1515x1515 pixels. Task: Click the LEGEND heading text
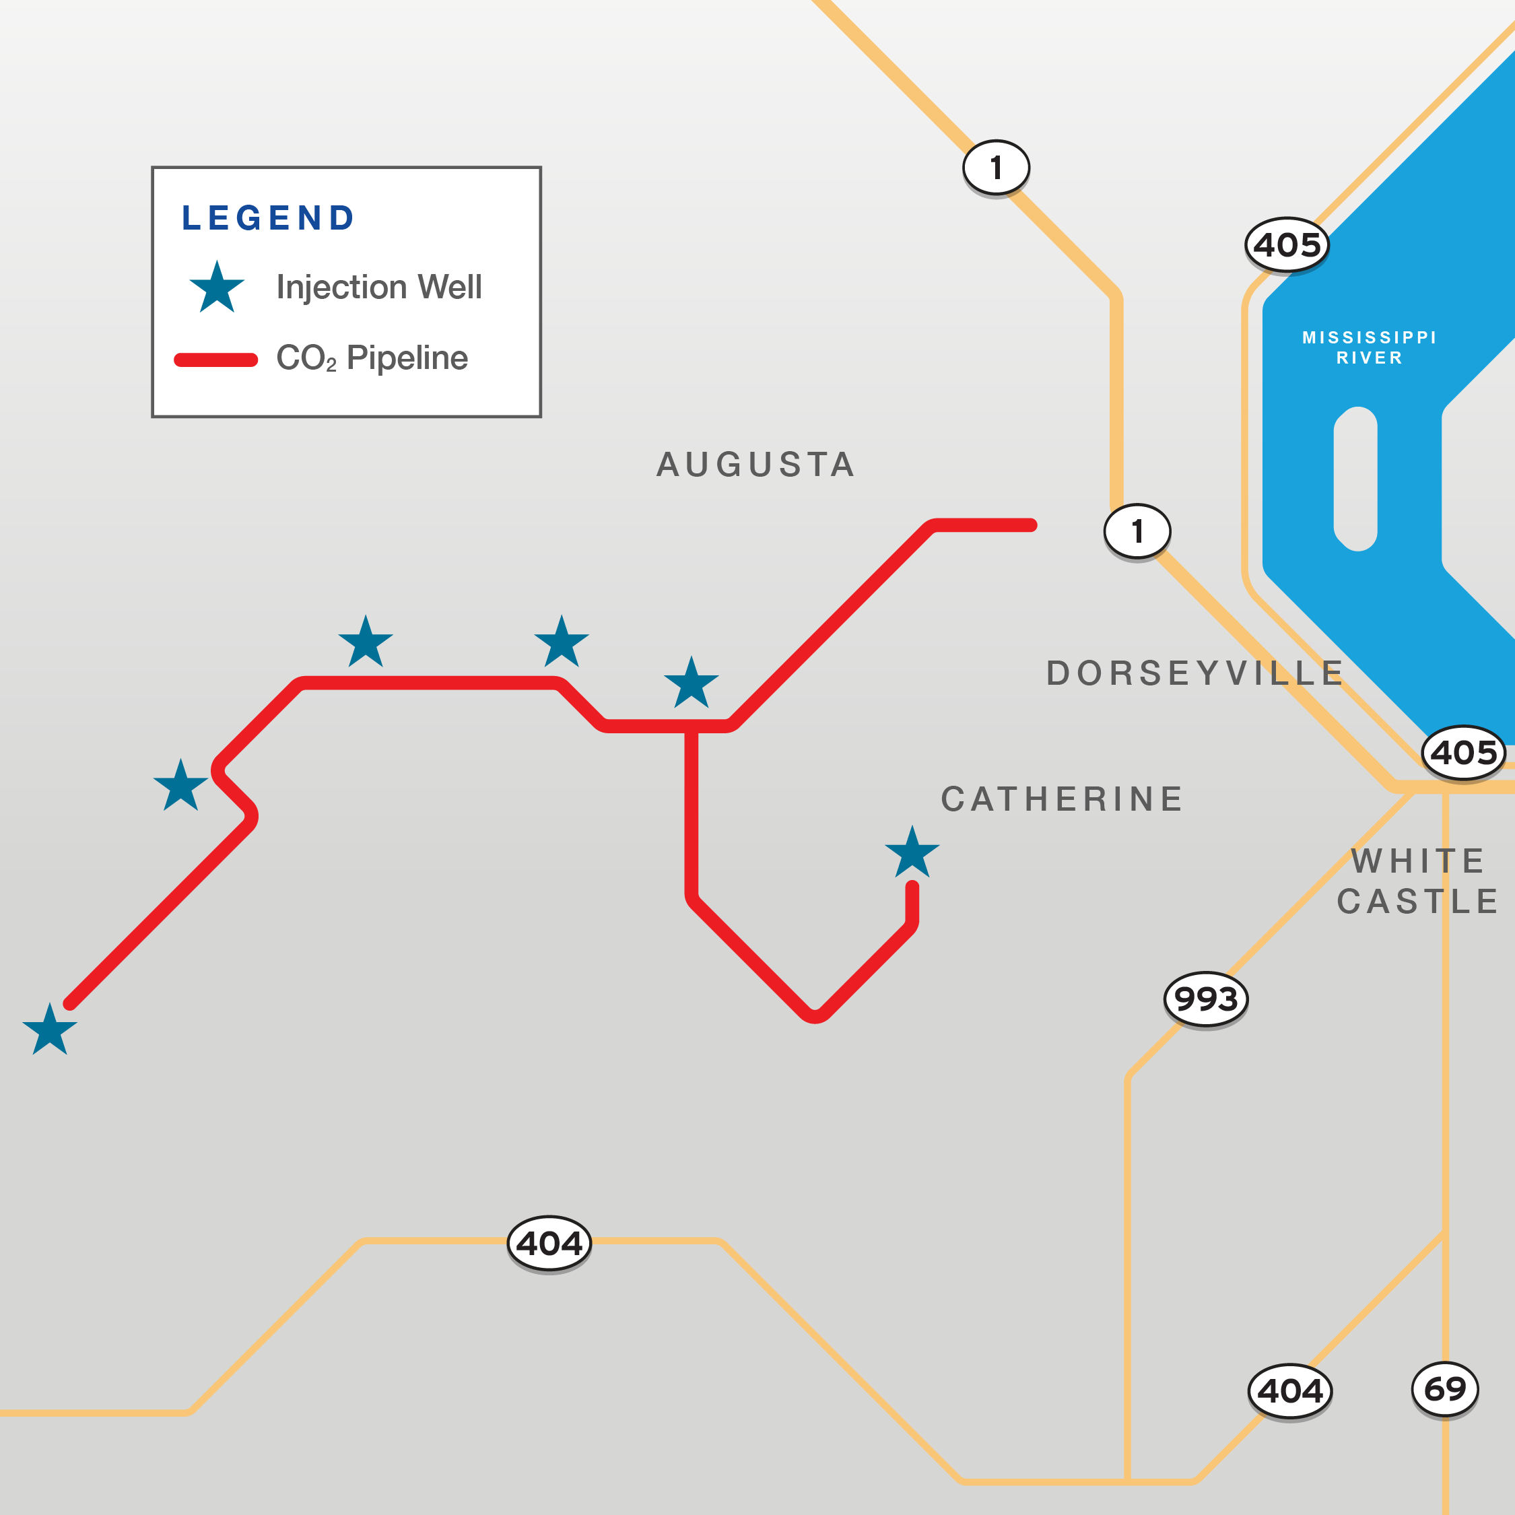pyautogui.click(x=267, y=218)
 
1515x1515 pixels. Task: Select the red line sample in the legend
pyautogui.click(x=215, y=360)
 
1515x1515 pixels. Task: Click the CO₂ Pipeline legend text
pyautogui.click(x=372, y=358)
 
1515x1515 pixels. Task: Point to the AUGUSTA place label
pyautogui.click(x=755, y=464)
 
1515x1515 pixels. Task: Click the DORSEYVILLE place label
pyautogui.click(x=1195, y=673)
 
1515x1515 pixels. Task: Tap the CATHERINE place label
pyautogui.click(x=1062, y=799)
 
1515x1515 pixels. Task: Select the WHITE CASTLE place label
pyautogui.click(x=1418, y=881)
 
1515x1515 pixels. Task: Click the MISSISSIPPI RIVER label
pyautogui.click(x=1369, y=347)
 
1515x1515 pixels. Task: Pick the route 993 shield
pyautogui.click(x=1205, y=999)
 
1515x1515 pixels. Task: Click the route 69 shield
pyautogui.click(x=1444, y=1388)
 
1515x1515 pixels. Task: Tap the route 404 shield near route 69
pyautogui.click(x=1290, y=1391)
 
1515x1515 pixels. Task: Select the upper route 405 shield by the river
pyautogui.click(x=1287, y=244)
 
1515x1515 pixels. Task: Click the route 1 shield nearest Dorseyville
pyautogui.click(x=1137, y=531)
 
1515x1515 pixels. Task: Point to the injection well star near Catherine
pyautogui.click(x=912, y=853)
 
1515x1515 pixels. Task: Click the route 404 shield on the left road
pyautogui.click(x=549, y=1243)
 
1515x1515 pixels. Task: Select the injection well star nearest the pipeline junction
pyautogui.click(x=691, y=684)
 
